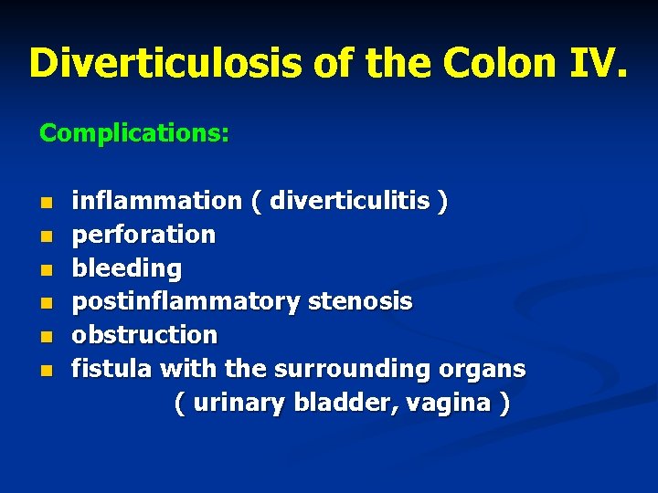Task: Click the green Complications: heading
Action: pyautogui.click(x=134, y=133)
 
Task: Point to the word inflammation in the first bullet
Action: pyautogui.click(x=156, y=200)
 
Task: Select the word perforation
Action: pyautogui.click(x=144, y=235)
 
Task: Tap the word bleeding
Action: pyautogui.click(x=127, y=268)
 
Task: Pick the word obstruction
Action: pyautogui.click(x=144, y=335)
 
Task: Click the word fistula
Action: pyautogui.click(x=113, y=369)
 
